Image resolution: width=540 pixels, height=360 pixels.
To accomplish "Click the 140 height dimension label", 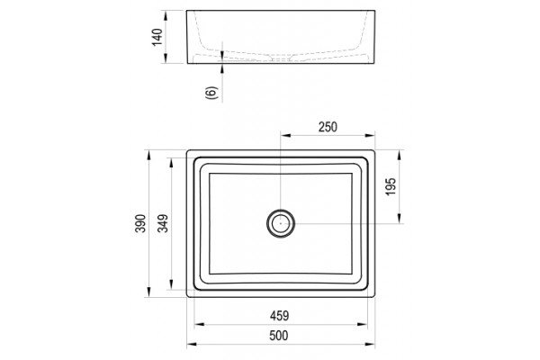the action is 157,37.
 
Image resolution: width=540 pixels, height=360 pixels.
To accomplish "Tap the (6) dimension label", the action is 211,93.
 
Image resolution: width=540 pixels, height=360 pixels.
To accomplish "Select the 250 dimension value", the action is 328,127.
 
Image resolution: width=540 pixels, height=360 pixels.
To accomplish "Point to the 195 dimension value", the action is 391,186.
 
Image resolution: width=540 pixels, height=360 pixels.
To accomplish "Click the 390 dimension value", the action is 140,223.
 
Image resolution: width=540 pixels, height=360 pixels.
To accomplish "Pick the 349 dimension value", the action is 163,223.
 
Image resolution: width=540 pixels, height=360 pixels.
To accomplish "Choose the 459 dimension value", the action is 279,316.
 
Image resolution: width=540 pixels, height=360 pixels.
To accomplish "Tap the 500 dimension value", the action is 279,336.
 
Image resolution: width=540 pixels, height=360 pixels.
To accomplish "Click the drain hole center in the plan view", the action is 281,223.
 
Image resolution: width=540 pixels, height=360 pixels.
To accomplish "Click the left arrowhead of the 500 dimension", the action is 192,344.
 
